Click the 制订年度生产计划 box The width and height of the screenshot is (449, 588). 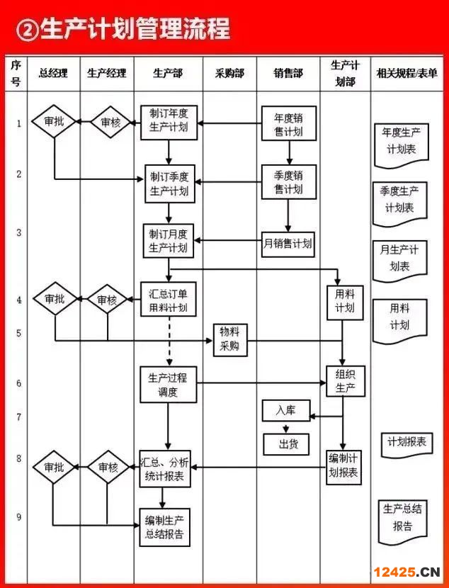click(x=169, y=122)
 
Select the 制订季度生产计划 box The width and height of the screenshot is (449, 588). click(x=169, y=183)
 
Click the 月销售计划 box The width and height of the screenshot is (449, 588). click(x=288, y=244)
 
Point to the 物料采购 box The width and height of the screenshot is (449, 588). click(x=229, y=339)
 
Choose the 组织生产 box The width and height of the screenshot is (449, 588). click(x=345, y=381)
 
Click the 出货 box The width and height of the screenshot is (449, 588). click(x=286, y=443)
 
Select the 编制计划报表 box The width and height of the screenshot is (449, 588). click(x=344, y=467)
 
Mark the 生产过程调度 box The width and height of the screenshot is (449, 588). click(x=168, y=384)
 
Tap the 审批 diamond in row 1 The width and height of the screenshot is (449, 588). click(x=54, y=122)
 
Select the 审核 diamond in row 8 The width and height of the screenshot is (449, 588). click(x=108, y=468)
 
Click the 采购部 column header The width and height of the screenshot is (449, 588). click(x=229, y=73)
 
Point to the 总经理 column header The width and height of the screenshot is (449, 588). click(x=54, y=73)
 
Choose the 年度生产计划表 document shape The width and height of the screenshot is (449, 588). click(x=401, y=141)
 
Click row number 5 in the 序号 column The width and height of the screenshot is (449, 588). click(x=18, y=333)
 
